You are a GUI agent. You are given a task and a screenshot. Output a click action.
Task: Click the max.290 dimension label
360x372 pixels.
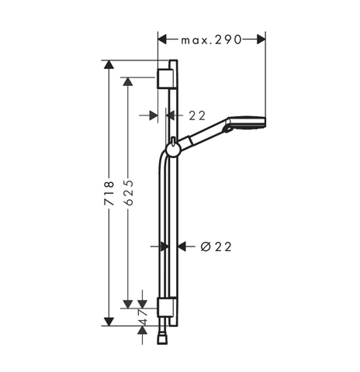(x=211, y=40)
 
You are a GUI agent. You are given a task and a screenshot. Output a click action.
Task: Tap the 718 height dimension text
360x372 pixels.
(x=109, y=193)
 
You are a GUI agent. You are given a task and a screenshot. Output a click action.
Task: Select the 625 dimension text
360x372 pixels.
(x=129, y=193)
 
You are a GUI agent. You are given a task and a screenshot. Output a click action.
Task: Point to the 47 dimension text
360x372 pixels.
(x=143, y=317)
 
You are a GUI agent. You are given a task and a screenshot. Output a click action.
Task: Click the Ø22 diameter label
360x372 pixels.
(x=216, y=247)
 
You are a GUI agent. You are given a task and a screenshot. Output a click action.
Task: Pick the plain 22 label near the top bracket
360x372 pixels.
(x=197, y=115)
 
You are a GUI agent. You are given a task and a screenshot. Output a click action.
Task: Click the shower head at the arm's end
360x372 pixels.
(x=247, y=123)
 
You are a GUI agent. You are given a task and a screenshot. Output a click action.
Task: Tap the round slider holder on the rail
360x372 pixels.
(x=171, y=150)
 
